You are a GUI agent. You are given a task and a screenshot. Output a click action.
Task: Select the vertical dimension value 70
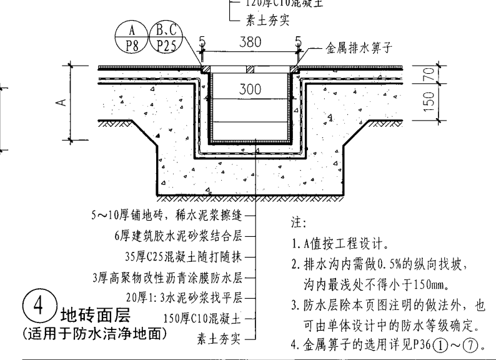pyautogui.click(x=429, y=74)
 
